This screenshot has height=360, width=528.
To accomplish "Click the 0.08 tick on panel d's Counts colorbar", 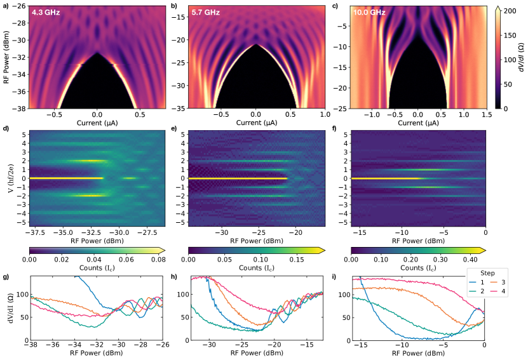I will (157, 260).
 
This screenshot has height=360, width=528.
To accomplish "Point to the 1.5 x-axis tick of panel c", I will (485, 115).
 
